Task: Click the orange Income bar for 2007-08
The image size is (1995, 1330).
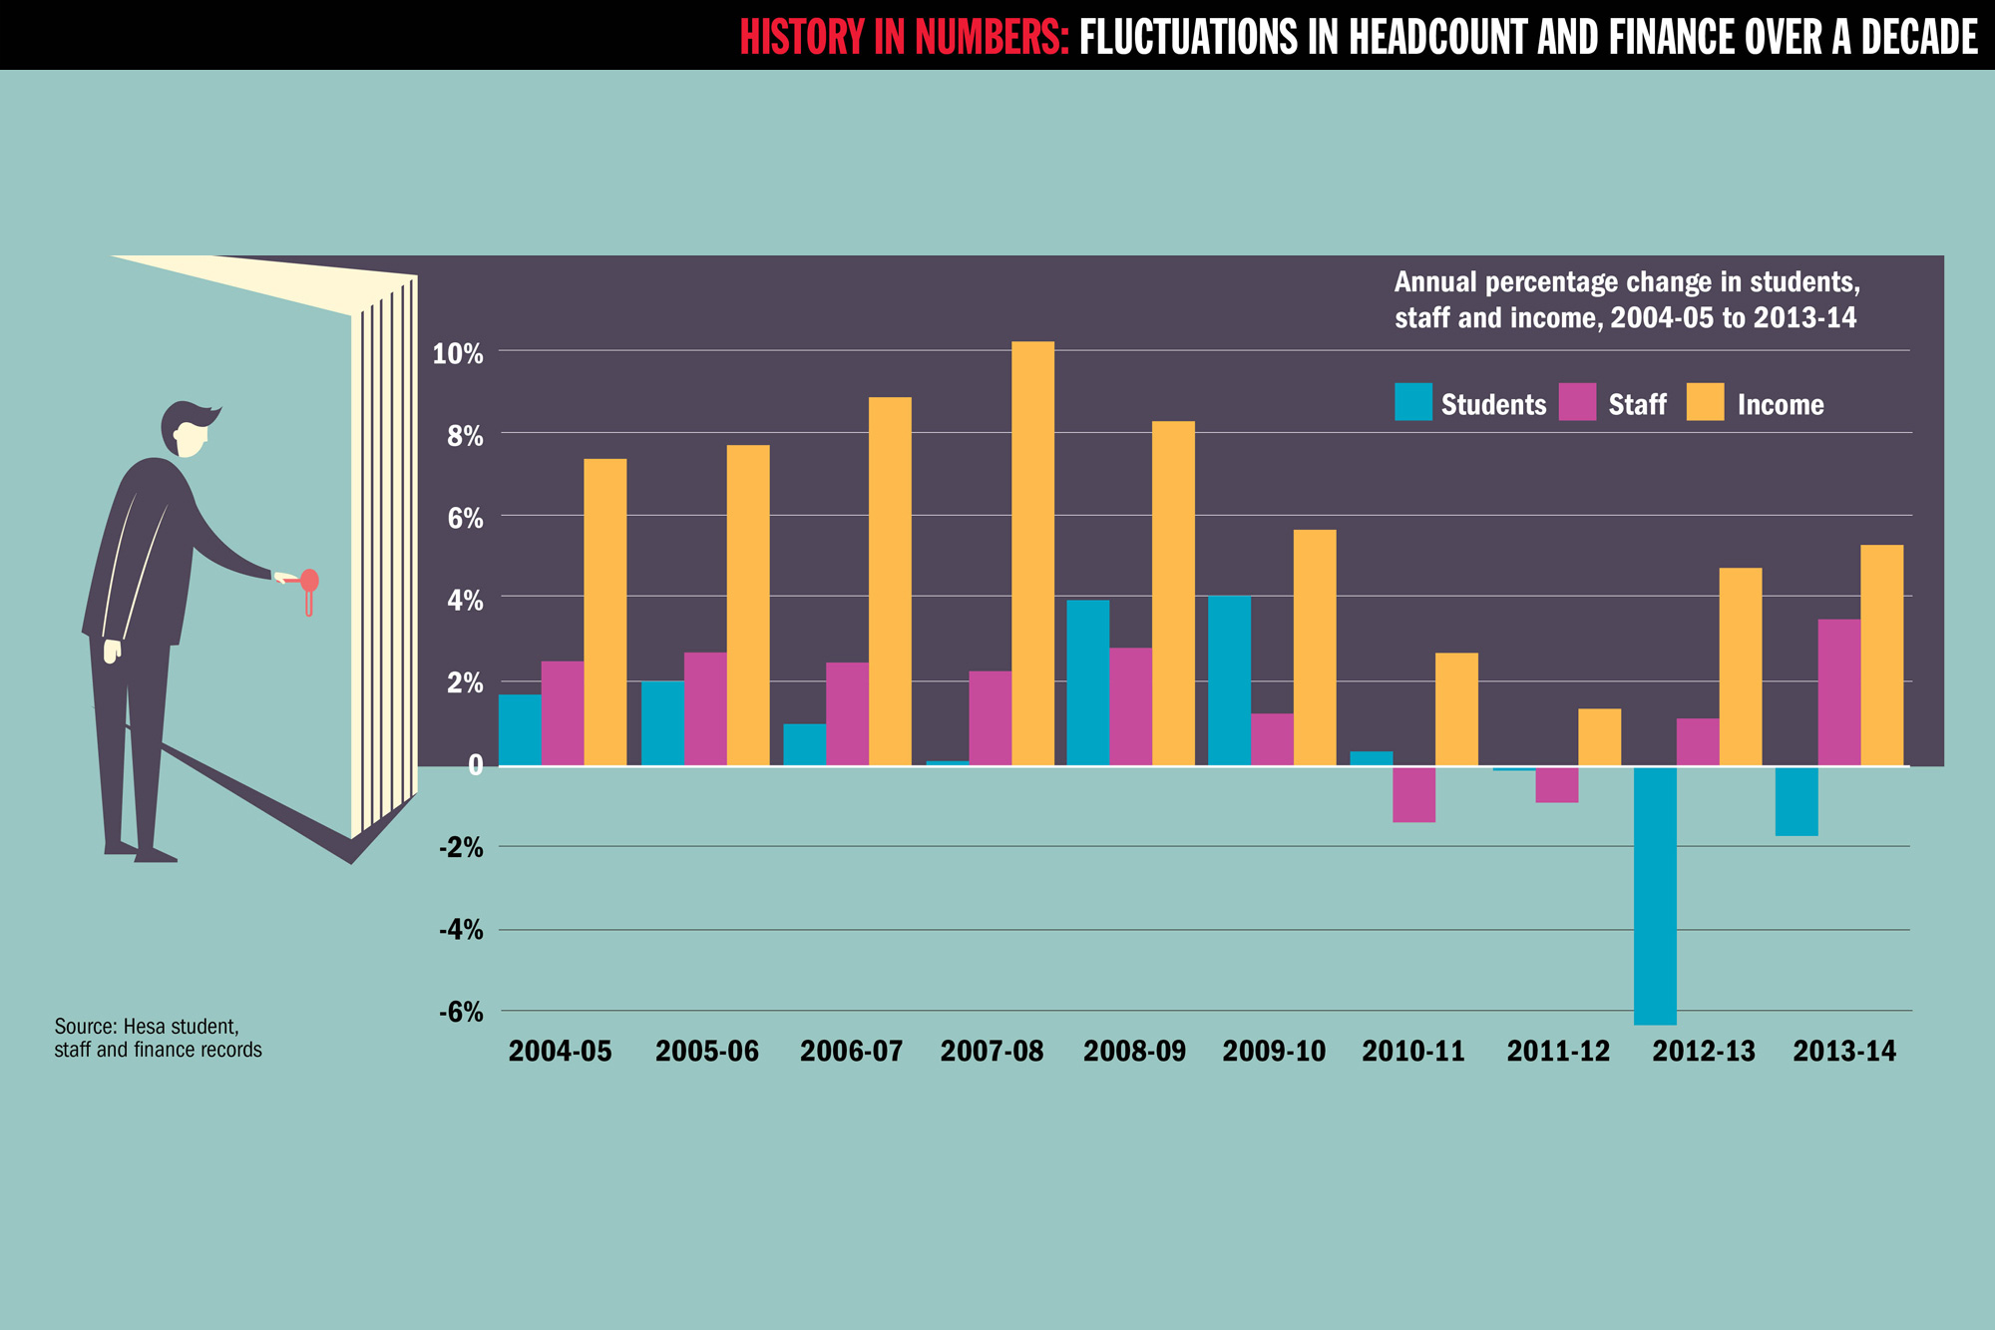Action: click(1032, 554)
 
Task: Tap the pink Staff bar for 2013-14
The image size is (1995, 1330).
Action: click(1838, 692)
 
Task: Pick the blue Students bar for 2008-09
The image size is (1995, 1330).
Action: click(1087, 682)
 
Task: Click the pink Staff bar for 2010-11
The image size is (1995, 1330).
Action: click(1413, 794)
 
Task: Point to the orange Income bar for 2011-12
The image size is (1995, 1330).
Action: click(1599, 737)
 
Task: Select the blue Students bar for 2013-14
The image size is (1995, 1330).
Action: click(1796, 801)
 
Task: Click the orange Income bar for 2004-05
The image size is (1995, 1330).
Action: click(604, 612)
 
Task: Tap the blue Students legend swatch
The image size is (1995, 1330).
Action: click(1412, 402)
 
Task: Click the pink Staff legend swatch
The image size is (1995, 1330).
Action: click(1577, 402)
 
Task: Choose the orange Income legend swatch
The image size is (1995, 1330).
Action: click(1705, 402)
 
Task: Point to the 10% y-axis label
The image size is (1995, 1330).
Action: click(458, 354)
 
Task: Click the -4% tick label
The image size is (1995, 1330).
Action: click(461, 931)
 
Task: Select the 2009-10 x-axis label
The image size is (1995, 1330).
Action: click(1274, 1052)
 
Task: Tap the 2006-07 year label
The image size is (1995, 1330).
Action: click(851, 1052)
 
